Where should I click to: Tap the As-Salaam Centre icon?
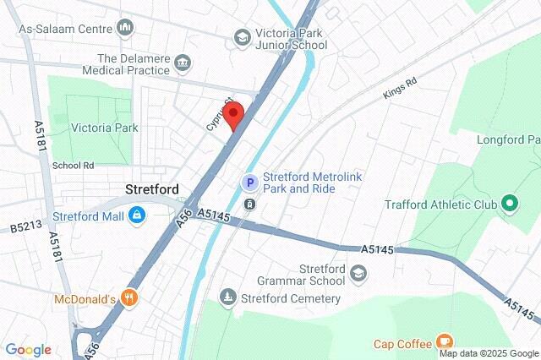(127, 28)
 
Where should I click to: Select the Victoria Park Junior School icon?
(242, 37)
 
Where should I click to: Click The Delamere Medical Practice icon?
(182, 63)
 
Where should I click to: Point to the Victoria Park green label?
(104, 128)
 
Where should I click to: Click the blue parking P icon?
(249, 182)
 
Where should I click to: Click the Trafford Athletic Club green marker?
(509, 204)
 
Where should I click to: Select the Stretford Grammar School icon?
(359, 274)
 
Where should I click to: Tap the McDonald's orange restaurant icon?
(128, 297)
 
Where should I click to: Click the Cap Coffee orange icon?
(444, 342)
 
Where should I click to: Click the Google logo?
(28, 349)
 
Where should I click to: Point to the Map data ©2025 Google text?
(489, 353)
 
